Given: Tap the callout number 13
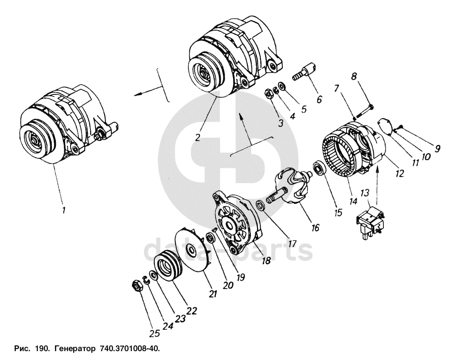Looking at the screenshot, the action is pyautogui.click(x=365, y=193).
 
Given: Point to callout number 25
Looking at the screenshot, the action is pyautogui.click(x=154, y=333).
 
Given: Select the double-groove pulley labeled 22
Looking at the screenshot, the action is pyautogui.click(x=168, y=267).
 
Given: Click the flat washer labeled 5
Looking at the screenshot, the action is pyautogui.click(x=281, y=86).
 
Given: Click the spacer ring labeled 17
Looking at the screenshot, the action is pyautogui.click(x=260, y=206).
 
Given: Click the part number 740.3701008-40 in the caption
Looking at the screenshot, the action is pyautogui.click(x=130, y=348).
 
